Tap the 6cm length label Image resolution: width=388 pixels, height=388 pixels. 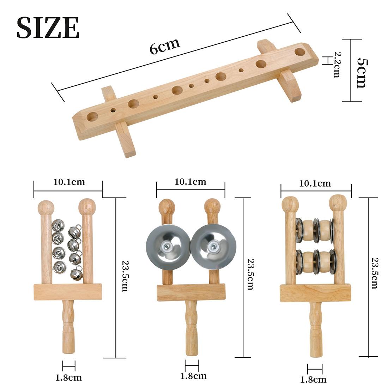(x=165, y=46)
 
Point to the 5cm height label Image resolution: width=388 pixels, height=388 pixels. (x=362, y=73)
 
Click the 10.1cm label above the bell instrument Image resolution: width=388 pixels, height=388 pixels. (x=69, y=182)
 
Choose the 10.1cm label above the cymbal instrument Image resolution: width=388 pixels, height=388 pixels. (x=190, y=182)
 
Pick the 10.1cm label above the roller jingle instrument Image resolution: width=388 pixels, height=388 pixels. (x=315, y=183)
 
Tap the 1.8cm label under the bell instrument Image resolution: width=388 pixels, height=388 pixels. (x=68, y=378)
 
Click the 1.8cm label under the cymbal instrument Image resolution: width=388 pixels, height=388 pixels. (x=193, y=376)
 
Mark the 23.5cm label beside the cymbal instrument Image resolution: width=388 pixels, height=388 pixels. (x=251, y=274)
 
